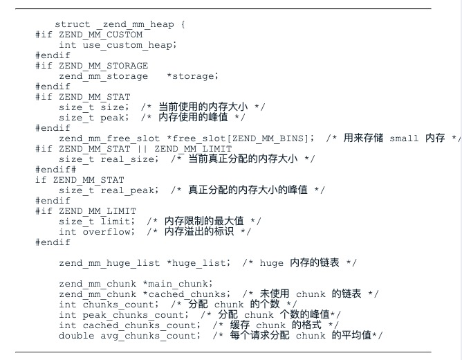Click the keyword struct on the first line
coord(72,24)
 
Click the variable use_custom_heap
coord(128,44)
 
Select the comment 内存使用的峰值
coord(193,118)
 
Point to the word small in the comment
coord(404,138)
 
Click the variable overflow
coord(107,232)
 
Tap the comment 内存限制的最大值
coord(204,221)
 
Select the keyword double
coord(75,336)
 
